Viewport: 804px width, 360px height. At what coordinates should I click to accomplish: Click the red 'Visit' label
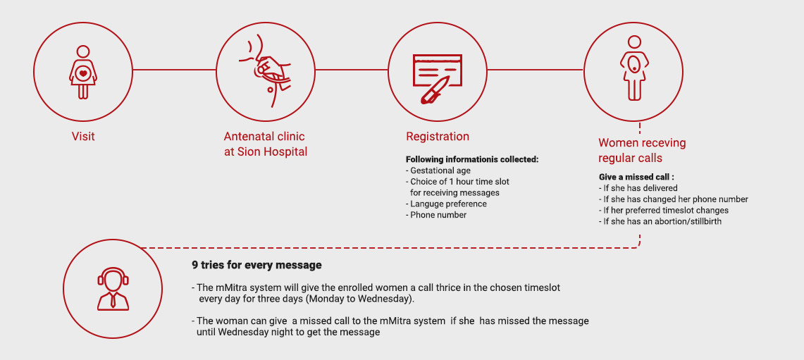pyautogui.click(x=83, y=137)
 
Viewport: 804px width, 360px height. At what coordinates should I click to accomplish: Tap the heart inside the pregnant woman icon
pyautogui.click(x=83, y=73)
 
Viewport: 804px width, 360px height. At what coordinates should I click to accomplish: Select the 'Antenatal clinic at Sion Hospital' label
pyautogui.click(x=265, y=144)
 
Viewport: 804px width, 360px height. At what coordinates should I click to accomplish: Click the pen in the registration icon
pyautogui.click(x=434, y=89)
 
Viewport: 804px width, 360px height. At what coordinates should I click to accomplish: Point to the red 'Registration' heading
pyautogui.click(x=438, y=137)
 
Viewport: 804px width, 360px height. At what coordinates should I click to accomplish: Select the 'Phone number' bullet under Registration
pyautogui.click(x=436, y=215)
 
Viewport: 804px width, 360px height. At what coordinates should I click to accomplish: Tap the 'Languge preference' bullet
pyautogui.click(x=446, y=204)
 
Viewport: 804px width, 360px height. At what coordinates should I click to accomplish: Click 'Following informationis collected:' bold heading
pyautogui.click(x=472, y=159)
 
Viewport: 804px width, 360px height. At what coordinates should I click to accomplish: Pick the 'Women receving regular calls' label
pyautogui.click(x=642, y=150)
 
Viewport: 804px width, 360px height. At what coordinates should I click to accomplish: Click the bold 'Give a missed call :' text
pyautogui.click(x=636, y=177)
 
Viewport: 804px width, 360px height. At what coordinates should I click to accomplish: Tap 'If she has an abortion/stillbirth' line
pyautogui.click(x=660, y=221)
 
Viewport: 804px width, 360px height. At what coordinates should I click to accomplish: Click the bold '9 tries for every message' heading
pyautogui.click(x=257, y=265)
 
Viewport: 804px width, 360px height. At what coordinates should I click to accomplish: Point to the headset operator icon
pyautogui.click(x=113, y=289)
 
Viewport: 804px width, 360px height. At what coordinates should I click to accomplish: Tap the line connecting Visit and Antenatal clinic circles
pyautogui.click(x=174, y=69)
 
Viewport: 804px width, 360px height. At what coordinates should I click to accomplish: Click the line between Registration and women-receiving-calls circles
pyautogui.click(x=535, y=69)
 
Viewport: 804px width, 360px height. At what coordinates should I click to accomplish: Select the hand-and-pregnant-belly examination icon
pyautogui.click(x=265, y=72)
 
